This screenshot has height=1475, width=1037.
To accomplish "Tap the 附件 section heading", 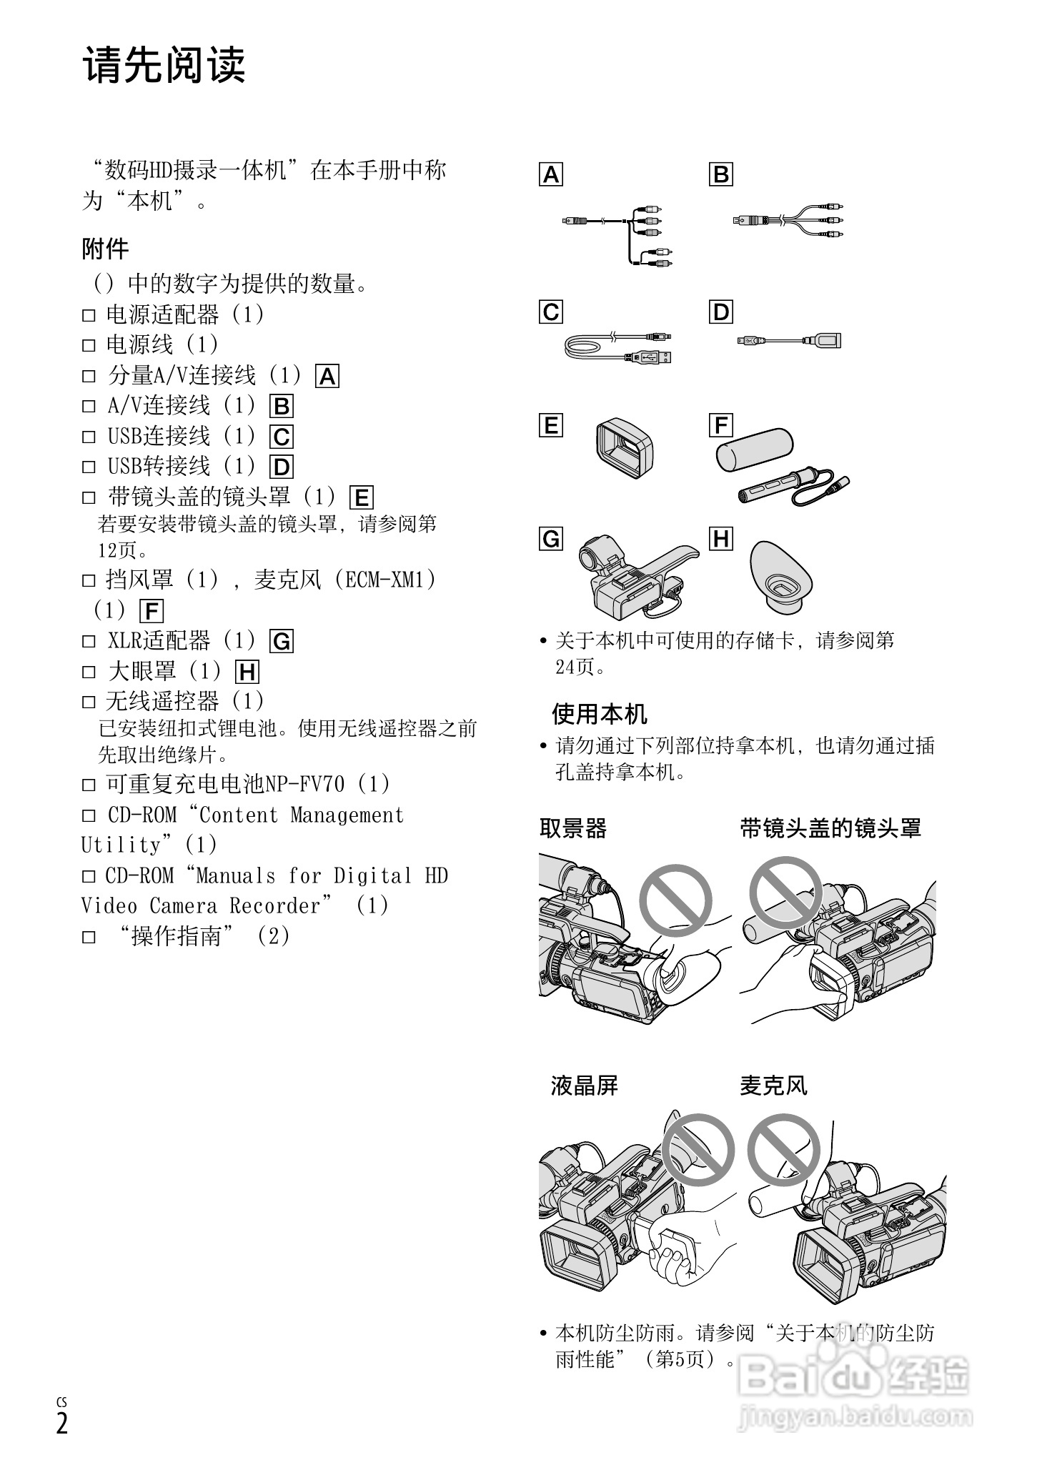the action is coord(105,249).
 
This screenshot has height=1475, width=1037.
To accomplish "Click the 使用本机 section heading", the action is coord(599,713).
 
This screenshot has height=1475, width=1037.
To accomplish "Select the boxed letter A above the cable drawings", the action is coord(551,174).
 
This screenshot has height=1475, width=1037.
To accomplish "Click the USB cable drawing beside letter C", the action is coord(618,347).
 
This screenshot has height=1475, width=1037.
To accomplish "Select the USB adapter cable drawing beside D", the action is coord(789,341).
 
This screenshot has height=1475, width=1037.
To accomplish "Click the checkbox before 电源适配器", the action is coord(89,315).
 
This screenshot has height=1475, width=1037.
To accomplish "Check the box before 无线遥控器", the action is coord(89,702).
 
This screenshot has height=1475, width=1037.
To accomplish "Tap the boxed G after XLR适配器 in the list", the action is coord(282,642).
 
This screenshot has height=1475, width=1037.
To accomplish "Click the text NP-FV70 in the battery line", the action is coord(304,785).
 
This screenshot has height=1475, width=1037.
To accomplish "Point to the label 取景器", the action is coord(572,829).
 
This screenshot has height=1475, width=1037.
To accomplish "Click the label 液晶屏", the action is coord(584,1086).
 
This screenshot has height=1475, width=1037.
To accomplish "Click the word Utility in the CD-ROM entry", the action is coord(121,845).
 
